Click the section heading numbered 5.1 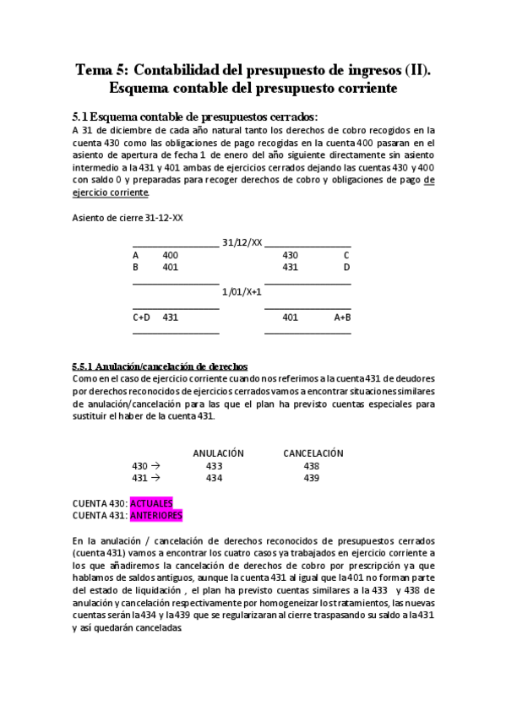pyautogui.click(x=195, y=117)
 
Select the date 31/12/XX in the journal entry pyautogui.click(x=242, y=241)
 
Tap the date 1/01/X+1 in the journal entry pyautogui.click(x=242, y=291)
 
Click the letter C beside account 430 pyautogui.click(x=346, y=254)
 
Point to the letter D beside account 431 pyautogui.click(x=346, y=267)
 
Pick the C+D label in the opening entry pyautogui.click(x=141, y=317)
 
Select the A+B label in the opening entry pyautogui.click(x=342, y=317)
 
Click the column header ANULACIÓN pyautogui.click(x=218, y=453)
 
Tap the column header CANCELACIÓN pyautogui.click(x=313, y=453)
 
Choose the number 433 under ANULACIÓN pyautogui.click(x=214, y=465)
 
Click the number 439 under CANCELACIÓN pyautogui.click(x=312, y=478)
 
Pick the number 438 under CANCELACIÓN pyautogui.click(x=312, y=465)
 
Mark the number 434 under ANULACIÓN pyautogui.click(x=214, y=478)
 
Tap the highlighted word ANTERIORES pyautogui.click(x=156, y=515)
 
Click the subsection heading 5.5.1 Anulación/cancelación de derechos pyautogui.click(x=160, y=366)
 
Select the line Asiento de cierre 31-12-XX pyautogui.click(x=128, y=218)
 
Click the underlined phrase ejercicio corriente pyautogui.click(x=111, y=193)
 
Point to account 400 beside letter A pyautogui.click(x=170, y=254)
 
